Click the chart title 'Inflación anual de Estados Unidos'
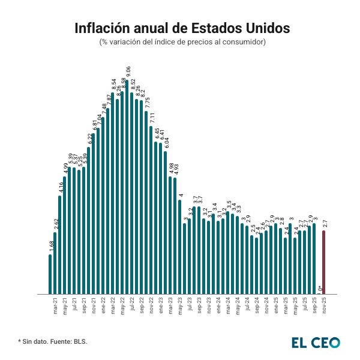point(182,28)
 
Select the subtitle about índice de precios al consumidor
point(182,42)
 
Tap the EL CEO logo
point(316,343)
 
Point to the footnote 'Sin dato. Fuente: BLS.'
point(53,341)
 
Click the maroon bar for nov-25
point(324,262)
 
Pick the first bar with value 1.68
point(50,274)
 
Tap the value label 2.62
point(56,225)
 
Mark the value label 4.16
point(61,188)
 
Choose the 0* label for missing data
point(320,289)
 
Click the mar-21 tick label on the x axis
point(56,307)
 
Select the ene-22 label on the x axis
point(103,307)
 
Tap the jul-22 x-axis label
point(132,307)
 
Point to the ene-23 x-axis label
point(161,307)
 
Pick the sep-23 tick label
point(199,307)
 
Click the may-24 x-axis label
point(237,307)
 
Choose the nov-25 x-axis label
point(324,307)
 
